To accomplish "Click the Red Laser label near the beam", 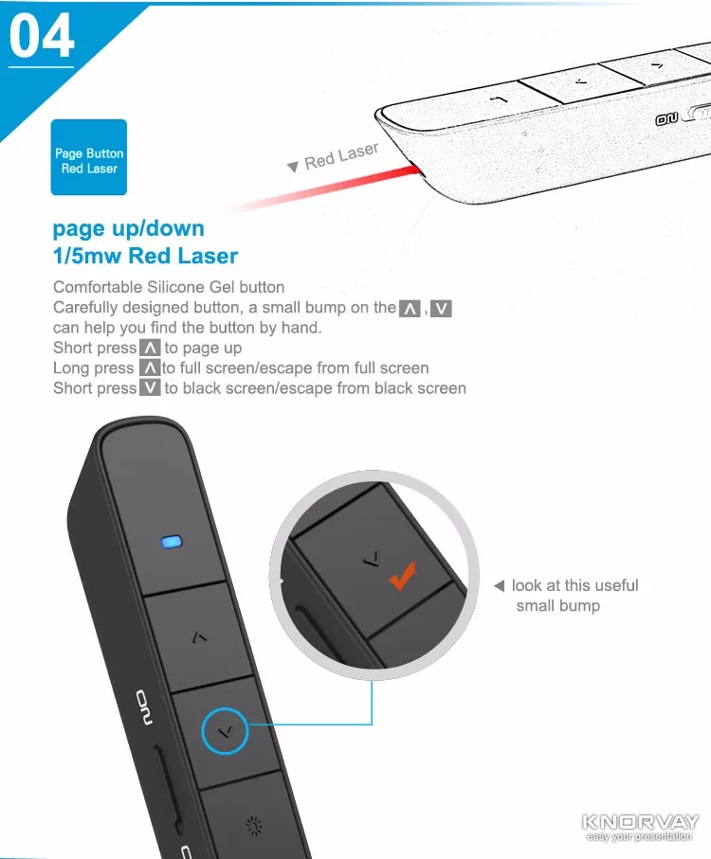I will coord(341,156).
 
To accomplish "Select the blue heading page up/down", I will coord(128,228).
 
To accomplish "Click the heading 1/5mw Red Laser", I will coord(145,256).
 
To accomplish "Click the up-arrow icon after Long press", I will coord(150,367).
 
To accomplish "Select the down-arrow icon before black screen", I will coord(150,387).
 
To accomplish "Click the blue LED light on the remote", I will coord(172,543).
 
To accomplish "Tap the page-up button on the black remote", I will coord(198,636).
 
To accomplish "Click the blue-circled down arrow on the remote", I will coord(225,731).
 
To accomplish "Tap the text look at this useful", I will coord(574,586).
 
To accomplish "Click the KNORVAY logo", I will coord(640,822).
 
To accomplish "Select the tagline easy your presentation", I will coord(640,836).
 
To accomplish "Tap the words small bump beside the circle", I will coord(557,606).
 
